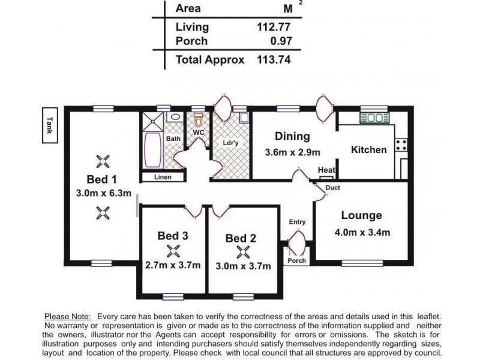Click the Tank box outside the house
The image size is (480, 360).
tap(50, 125)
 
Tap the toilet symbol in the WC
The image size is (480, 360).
tap(199, 120)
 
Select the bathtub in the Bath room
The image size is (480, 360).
tap(153, 150)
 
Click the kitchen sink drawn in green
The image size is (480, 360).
tap(374, 118)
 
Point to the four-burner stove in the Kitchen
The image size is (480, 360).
tap(401, 145)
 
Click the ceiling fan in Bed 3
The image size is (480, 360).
tap(173, 251)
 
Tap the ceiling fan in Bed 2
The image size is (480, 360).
tap(243, 252)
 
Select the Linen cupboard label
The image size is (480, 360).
tap(163, 177)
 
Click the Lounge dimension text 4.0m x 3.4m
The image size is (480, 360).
tap(362, 232)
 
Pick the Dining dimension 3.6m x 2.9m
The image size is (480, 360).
tap(292, 152)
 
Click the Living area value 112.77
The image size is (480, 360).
tap(274, 27)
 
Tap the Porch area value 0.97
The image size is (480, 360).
tap(281, 41)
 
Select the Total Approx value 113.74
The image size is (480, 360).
tap(274, 59)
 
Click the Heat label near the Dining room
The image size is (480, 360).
tap(326, 170)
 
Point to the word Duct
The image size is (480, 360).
tap(332, 188)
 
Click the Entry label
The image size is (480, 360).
tap(297, 222)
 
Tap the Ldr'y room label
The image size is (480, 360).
tap(230, 143)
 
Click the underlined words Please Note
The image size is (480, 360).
tap(68, 317)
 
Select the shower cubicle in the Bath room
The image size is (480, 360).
tap(153, 122)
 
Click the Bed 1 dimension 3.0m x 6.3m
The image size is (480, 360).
tap(103, 193)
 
